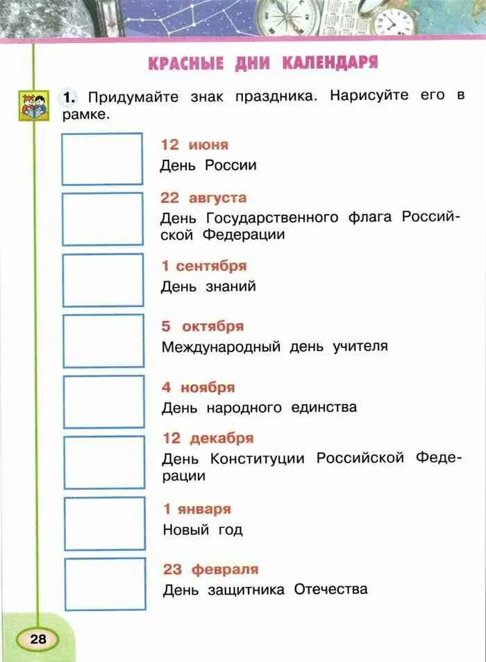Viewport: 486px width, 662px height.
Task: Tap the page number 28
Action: point(37,638)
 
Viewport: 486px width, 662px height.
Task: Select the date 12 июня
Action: point(194,144)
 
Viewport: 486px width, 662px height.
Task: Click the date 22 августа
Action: point(203,198)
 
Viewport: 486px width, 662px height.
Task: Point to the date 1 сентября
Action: point(203,266)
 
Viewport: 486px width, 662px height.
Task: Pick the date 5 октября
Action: point(203,326)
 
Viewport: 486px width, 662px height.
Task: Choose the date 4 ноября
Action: point(199,388)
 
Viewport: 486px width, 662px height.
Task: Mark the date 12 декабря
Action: point(208,438)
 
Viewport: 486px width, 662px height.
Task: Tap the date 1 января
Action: point(196,509)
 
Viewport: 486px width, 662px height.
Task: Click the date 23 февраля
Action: point(210,570)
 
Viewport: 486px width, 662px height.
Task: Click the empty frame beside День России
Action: point(102,159)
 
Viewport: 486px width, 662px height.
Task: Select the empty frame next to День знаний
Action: point(103,280)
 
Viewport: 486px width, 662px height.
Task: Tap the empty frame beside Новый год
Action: point(105,523)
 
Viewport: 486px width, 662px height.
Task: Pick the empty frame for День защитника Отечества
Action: point(105,584)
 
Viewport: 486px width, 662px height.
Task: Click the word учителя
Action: point(359,346)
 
